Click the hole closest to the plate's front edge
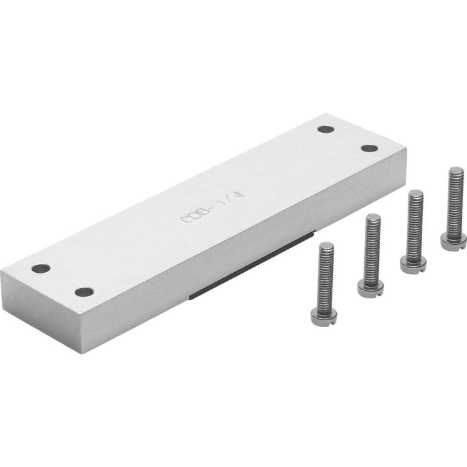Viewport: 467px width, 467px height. pos(83,292)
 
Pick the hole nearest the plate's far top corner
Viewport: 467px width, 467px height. pos(325,129)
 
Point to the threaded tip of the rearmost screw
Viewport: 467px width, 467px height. pos(456,173)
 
